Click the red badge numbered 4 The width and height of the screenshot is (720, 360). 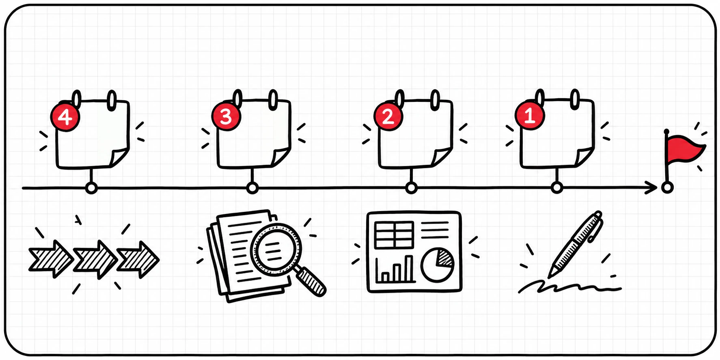[65, 117]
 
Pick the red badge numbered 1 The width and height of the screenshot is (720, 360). [530, 115]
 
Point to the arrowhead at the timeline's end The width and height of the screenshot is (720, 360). [653, 188]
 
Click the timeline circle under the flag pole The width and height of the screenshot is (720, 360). [667, 188]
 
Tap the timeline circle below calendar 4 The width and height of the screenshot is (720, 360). [92, 188]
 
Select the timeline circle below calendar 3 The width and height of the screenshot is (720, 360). [252, 188]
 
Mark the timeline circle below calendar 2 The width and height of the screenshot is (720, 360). [412, 188]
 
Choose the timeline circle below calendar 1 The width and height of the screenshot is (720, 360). [557, 188]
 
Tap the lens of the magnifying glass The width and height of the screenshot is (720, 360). [276, 249]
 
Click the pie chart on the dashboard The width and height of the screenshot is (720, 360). [437, 264]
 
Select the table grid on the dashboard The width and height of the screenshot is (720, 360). [394, 235]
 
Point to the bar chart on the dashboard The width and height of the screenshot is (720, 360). [394, 269]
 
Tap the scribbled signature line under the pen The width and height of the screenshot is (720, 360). [569, 287]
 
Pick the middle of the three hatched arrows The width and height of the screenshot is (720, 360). [95, 259]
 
